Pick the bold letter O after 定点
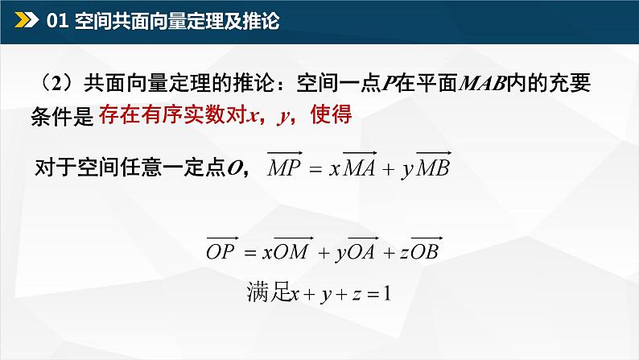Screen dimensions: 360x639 [235, 167]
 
